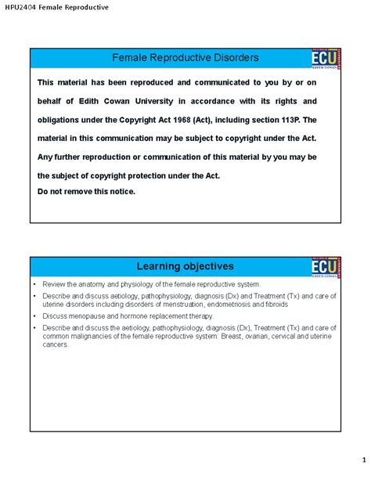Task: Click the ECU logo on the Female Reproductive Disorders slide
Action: pyautogui.click(x=323, y=61)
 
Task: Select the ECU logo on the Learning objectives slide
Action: pyautogui.click(x=323, y=269)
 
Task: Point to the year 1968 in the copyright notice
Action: pyautogui.click(x=205, y=120)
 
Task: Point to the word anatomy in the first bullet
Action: pyautogui.click(x=92, y=283)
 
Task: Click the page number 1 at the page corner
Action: pyautogui.click(x=353, y=459)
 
